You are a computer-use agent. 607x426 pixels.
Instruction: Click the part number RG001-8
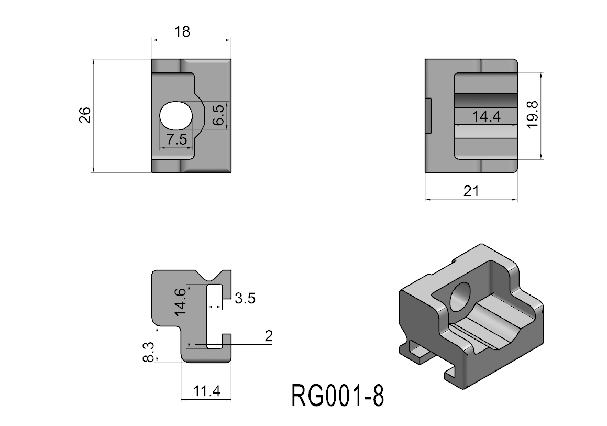pyautogui.click(x=337, y=396)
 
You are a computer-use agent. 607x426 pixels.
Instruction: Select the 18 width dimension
pyautogui.click(x=182, y=31)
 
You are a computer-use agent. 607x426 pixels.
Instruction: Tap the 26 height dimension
pyautogui.click(x=85, y=115)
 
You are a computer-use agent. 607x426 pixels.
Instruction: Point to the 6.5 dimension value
pyautogui.click(x=219, y=115)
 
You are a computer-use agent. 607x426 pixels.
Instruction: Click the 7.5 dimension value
pyautogui.click(x=176, y=139)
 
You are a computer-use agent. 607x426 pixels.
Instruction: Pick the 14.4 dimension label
pyautogui.click(x=486, y=116)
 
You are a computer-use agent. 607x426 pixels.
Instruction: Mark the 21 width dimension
pyautogui.click(x=471, y=191)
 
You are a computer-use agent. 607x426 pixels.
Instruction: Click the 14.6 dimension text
pyautogui.click(x=180, y=301)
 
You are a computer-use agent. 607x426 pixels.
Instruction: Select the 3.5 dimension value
pyautogui.click(x=245, y=299)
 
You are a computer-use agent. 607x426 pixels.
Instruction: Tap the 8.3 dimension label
pyautogui.click(x=148, y=352)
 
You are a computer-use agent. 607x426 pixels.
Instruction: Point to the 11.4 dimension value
pyautogui.click(x=206, y=391)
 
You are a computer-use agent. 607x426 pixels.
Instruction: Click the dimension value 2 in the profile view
pyautogui.click(x=269, y=336)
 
